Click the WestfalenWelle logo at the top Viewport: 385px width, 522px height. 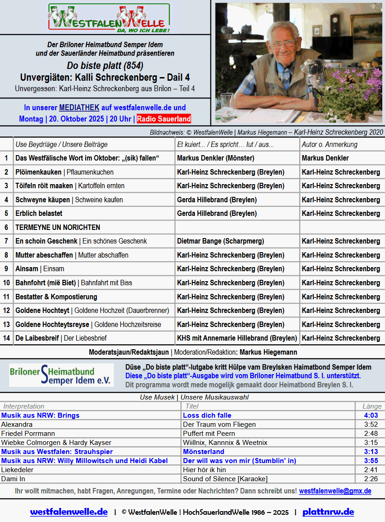pos(109,18)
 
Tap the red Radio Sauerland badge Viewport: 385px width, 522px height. pos(164,119)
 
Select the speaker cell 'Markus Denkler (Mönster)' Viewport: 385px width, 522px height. pos(215,158)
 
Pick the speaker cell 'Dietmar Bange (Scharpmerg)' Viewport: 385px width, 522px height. pos(220,241)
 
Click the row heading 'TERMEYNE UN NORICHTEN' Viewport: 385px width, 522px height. pos(58,227)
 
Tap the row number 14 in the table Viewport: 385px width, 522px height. pos(6,338)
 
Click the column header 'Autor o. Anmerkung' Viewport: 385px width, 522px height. pos(330,144)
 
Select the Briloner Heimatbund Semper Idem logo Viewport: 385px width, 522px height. pos(62,375)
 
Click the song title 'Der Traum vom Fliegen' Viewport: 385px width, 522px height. pos(219,424)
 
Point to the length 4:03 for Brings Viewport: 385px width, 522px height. pos(371,415)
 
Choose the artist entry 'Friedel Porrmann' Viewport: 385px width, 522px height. pos(28,434)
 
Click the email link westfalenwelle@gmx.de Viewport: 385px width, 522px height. pos(335,491)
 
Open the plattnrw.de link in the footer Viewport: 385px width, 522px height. pos(328,512)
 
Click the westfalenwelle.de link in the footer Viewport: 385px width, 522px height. pos(69,512)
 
